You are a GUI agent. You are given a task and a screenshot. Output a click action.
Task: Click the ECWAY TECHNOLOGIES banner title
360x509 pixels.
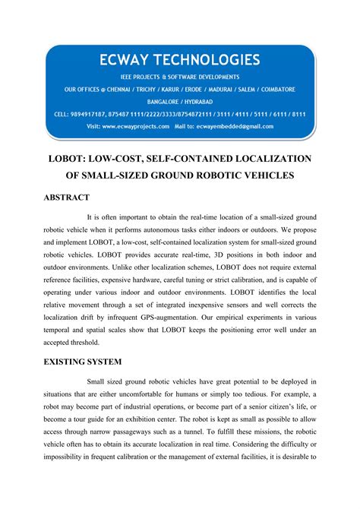pyautogui.click(x=179, y=59)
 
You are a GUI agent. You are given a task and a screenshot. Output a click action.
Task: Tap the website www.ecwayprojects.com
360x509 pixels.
pyautogui.click(x=136, y=126)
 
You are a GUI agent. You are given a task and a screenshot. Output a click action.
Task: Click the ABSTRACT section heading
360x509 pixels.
pyautogui.click(x=66, y=197)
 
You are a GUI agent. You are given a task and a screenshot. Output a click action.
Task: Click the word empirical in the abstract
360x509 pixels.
pyautogui.click(x=237, y=300)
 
